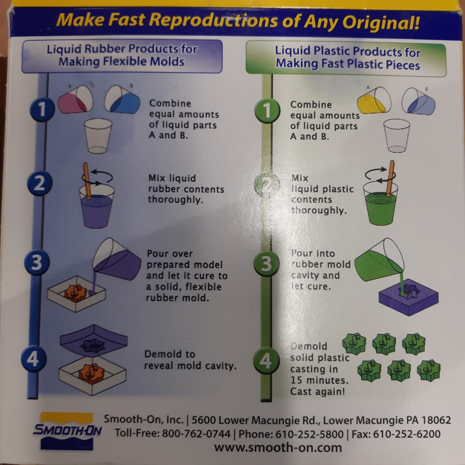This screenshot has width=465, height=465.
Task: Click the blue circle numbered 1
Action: tap(42, 109)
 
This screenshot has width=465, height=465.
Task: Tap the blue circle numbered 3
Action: tap(37, 262)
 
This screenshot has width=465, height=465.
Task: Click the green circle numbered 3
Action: tap(266, 264)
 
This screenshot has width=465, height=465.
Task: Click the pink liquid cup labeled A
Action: tap(76, 100)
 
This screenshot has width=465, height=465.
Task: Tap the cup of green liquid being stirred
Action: tap(380, 203)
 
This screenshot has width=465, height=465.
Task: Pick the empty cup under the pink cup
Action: tap(98, 136)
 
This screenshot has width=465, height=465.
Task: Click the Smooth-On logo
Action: tap(67, 431)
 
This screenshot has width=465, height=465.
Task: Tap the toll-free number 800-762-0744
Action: tap(196, 434)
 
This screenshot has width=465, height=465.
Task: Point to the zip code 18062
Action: tap(436, 420)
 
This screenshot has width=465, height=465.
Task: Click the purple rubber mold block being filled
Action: tap(408, 297)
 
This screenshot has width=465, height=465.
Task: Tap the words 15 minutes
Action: tap(319, 380)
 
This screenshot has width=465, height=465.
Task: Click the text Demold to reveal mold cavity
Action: tap(190, 360)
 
